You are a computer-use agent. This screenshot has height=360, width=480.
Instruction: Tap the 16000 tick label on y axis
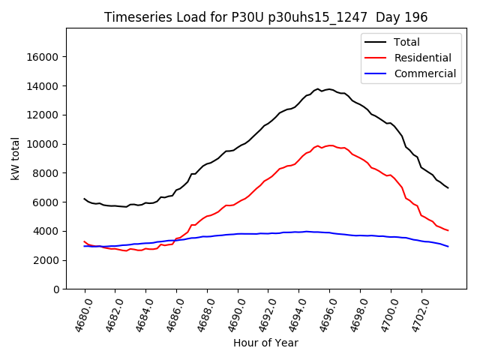(43, 57)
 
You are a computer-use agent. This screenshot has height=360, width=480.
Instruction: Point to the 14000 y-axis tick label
(43, 86)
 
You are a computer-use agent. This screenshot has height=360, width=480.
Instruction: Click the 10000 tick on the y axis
(43, 144)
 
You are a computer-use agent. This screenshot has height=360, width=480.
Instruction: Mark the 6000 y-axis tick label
(46, 202)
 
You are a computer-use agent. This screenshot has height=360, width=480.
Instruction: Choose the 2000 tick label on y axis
(46, 260)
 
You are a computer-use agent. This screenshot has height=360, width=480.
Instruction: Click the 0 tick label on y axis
(55, 289)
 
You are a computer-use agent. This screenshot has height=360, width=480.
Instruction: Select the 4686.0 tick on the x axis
(172, 315)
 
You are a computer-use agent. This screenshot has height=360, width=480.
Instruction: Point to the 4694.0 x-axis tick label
(294, 315)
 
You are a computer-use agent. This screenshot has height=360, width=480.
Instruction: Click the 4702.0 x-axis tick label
(417, 315)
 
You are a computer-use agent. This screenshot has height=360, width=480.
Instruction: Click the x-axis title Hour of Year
(265, 343)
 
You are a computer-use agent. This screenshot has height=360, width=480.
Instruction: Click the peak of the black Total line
(318, 88)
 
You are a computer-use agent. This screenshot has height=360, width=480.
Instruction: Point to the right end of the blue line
(448, 247)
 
